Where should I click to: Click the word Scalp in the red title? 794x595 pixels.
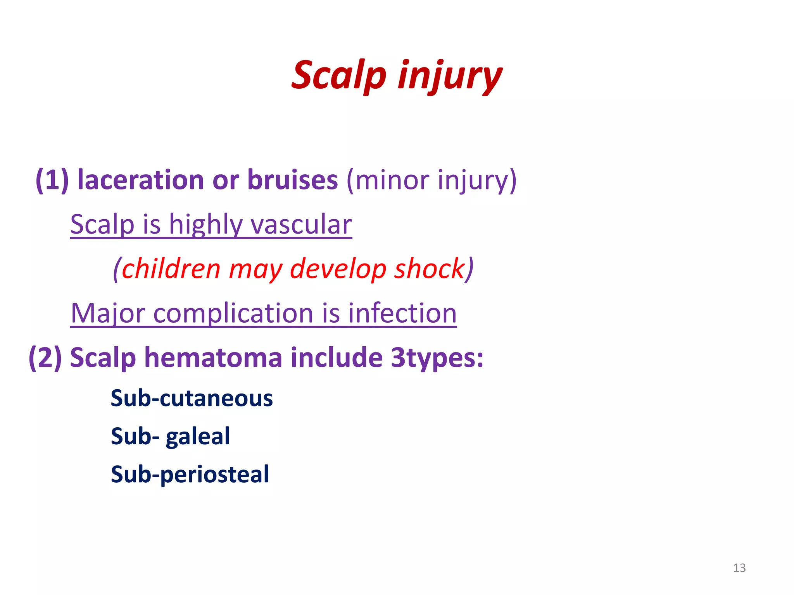339,75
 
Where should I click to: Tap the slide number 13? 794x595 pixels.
739,568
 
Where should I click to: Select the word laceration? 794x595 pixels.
140,180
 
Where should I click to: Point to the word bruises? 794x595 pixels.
292,180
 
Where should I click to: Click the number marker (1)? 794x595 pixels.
52,180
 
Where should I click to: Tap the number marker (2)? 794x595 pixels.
45,357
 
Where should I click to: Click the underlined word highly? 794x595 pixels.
205,225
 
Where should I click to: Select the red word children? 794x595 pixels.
171,269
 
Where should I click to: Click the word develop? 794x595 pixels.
338,269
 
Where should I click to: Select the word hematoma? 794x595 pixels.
213,357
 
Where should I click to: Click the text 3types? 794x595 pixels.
437,357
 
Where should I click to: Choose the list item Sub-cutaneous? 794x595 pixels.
192,398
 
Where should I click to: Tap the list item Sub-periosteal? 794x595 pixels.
190,474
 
